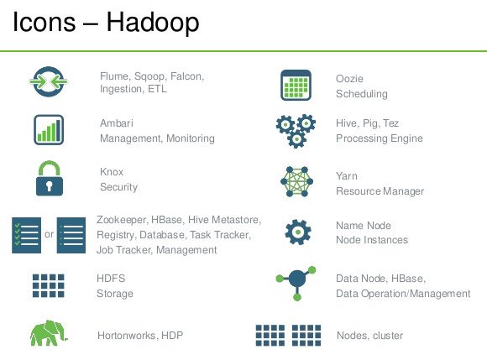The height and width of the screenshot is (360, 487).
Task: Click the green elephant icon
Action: coord(49,333)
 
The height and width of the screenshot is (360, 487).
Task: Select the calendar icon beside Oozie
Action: coord(296,85)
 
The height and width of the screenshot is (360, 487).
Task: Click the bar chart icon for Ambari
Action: coord(49,130)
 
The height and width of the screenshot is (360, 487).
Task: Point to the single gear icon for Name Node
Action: coord(298,232)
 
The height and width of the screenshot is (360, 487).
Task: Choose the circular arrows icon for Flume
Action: coord(49,81)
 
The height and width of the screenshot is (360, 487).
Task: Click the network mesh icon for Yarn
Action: coord(296,181)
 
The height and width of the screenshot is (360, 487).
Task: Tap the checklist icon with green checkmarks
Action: coord(26,235)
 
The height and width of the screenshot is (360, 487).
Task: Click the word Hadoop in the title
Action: coord(153,23)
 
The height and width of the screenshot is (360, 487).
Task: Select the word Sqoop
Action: coord(149,76)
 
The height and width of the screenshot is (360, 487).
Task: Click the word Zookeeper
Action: coord(122,220)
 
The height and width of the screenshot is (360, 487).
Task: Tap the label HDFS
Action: coord(111,279)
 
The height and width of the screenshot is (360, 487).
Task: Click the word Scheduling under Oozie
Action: coord(362,94)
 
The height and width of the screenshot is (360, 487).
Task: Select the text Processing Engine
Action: coord(380,138)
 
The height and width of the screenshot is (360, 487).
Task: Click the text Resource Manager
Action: coord(380,191)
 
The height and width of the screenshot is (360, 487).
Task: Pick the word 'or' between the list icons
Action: coord(49,234)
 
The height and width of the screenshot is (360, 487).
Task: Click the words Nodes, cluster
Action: coord(370,336)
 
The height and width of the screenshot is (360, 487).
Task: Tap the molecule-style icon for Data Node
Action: coord(296,283)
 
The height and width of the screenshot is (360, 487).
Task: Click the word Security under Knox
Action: coord(118,187)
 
